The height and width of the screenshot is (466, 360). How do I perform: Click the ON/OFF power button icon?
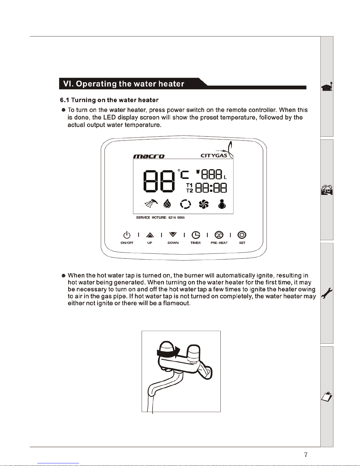(127, 235)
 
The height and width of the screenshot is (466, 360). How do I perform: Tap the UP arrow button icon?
(150, 235)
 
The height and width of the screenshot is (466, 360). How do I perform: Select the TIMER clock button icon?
(196, 235)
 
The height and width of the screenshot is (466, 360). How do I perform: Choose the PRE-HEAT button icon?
(219, 235)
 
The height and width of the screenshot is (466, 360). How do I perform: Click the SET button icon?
(242, 235)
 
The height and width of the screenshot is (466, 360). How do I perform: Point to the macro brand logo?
(149, 156)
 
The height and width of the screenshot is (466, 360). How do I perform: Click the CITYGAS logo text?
(214, 156)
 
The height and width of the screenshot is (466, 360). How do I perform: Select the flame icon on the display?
(167, 203)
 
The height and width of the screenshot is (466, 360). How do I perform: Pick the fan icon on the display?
(204, 204)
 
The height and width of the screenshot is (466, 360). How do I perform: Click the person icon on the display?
(222, 204)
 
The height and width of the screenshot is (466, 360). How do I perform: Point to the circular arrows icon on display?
(185, 204)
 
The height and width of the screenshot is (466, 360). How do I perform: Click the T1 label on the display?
(190, 185)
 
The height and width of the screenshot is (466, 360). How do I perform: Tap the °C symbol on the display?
(183, 174)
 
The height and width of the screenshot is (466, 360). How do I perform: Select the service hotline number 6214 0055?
(176, 218)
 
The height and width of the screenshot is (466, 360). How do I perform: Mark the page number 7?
(306, 455)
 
